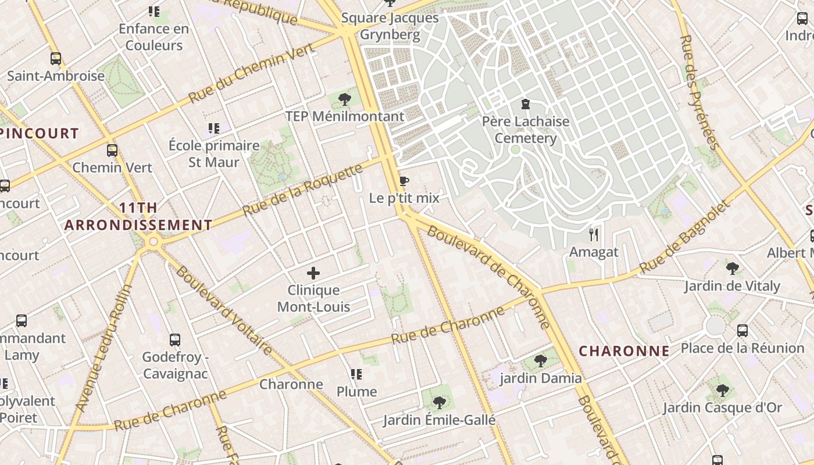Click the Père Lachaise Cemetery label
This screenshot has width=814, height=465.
[x=526, y=130]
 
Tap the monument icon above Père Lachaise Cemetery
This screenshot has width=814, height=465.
[x=526, y=105]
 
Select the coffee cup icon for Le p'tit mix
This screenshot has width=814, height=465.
[x=404, y=181]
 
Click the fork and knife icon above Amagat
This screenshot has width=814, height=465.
[x=594, y=235]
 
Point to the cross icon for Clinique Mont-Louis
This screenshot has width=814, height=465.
[x=313, y=273]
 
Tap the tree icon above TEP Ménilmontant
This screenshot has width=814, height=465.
[x=345, y=99]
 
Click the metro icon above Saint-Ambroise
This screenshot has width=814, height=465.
[x=56, y=59]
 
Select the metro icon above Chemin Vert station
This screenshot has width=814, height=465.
[x=112, y=151]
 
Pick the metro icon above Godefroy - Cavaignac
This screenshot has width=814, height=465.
[x=175, y=340]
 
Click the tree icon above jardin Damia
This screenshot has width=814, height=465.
[x=541, y=361]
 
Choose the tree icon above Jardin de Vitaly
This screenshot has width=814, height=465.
[x=732, y=269]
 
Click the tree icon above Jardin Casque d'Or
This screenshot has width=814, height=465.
[x=722, y=390]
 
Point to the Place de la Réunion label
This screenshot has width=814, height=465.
[x=742, y=348]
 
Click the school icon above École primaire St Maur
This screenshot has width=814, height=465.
[x=214, y=128]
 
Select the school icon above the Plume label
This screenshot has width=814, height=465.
[x=356, y=374]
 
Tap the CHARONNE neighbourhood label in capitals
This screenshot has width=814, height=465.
[x=624, y=351]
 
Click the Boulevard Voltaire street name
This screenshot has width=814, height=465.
[x=224, y=310]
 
